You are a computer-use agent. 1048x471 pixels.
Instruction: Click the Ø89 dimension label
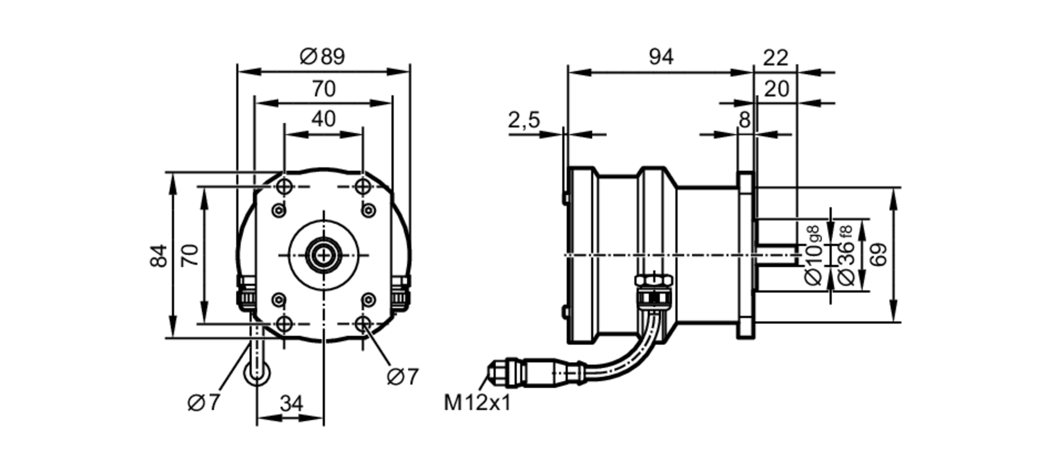322,57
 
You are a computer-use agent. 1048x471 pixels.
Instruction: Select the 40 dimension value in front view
323,119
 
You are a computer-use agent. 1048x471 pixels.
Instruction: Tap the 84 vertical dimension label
159,256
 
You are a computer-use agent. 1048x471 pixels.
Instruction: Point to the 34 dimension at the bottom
291,404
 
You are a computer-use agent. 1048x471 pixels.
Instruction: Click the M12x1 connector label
477,403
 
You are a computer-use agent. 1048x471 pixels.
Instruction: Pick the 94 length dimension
661,57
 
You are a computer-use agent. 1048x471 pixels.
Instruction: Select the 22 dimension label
776,58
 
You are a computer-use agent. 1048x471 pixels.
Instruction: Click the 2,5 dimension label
523,121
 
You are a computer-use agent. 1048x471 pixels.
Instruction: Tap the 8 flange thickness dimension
745,121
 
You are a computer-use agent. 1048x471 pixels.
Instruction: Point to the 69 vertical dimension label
880,255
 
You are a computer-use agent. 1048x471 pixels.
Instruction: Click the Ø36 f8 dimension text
846,255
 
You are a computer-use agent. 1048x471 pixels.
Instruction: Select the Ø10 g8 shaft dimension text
814,255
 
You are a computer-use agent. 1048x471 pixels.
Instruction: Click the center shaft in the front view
324,256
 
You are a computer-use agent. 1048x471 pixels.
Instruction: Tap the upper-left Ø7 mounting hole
284,186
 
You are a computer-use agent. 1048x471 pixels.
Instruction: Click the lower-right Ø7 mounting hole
363,324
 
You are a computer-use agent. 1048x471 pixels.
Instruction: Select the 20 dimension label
776,90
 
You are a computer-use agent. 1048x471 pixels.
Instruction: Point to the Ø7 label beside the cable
203,403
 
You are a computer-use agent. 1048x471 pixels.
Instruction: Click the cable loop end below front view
257,373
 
